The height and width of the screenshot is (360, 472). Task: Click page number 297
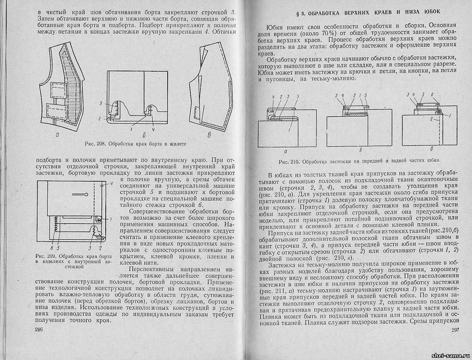[456, 330]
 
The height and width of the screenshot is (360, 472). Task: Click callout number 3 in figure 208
[100, 103]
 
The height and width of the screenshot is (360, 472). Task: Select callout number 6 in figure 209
[51, 243]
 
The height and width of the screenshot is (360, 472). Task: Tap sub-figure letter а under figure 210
[285, 152]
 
